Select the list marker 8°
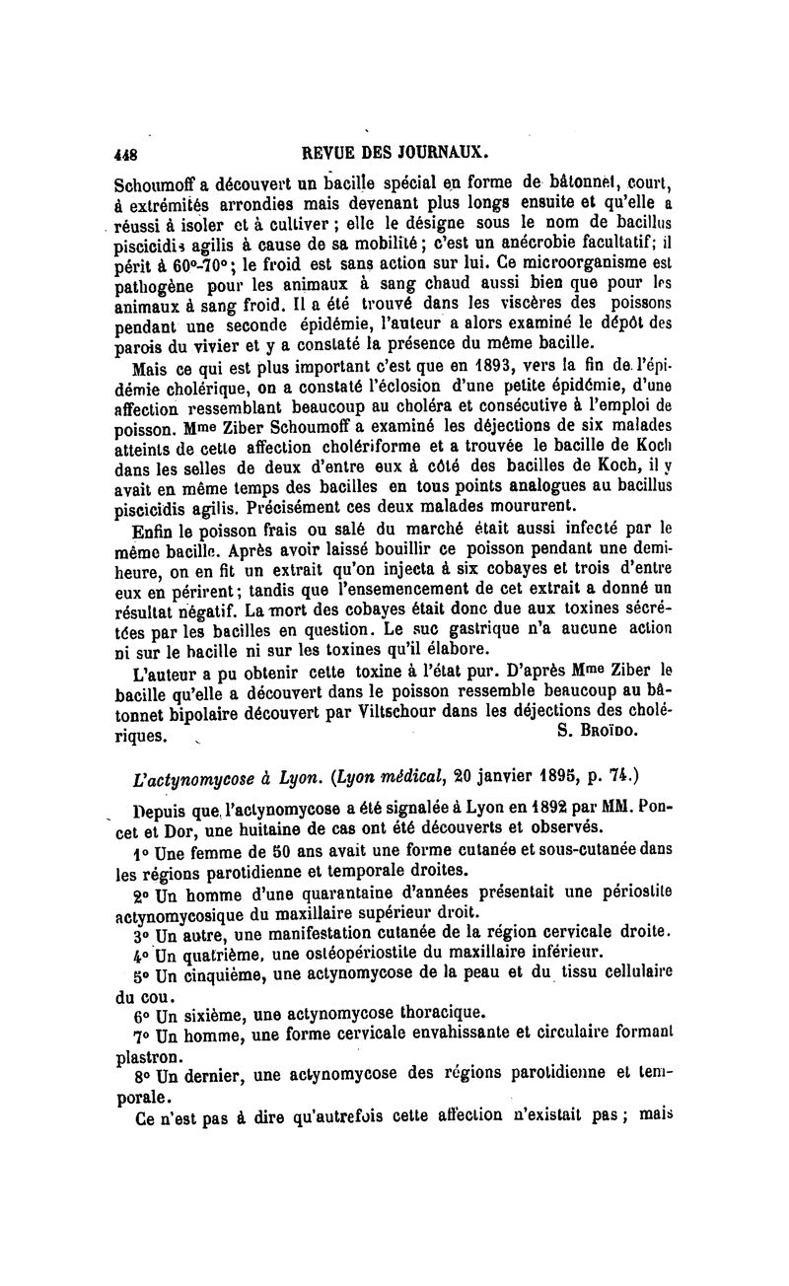click(x=140, y=1076)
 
